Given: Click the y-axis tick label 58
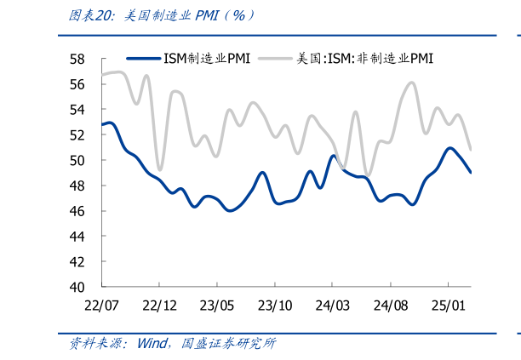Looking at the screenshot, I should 77,59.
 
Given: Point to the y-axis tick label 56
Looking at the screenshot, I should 77,84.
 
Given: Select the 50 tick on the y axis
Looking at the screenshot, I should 77,160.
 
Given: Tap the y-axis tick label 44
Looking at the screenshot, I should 77,236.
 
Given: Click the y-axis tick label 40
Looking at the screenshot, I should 77,287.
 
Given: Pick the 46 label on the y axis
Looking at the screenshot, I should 77,211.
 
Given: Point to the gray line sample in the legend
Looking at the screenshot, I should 275,59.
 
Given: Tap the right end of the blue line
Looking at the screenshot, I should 471,172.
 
